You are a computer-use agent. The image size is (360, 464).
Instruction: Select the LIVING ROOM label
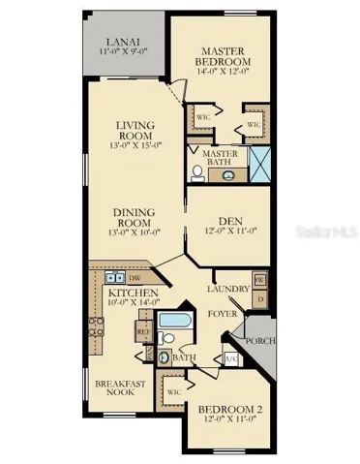(x=135, y=130)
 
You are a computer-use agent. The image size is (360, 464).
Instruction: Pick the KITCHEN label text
(x=128, y=292)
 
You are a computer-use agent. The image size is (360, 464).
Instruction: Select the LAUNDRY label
(x=228, y=289)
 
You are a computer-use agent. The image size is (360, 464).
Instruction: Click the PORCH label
(x=261, y=340)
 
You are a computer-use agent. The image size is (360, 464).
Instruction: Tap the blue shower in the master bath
(x=261, y=165)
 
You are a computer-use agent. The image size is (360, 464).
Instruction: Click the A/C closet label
(x=230, y=359)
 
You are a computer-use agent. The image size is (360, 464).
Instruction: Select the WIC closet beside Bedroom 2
(x=175, y=392)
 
